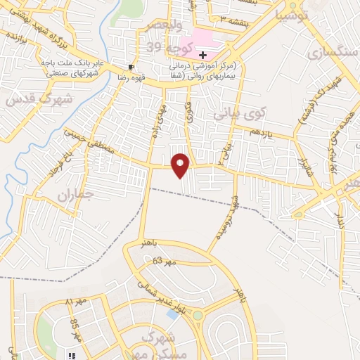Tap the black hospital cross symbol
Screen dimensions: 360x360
click(202, 54)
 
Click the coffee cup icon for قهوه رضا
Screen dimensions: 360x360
click(131, 67)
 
